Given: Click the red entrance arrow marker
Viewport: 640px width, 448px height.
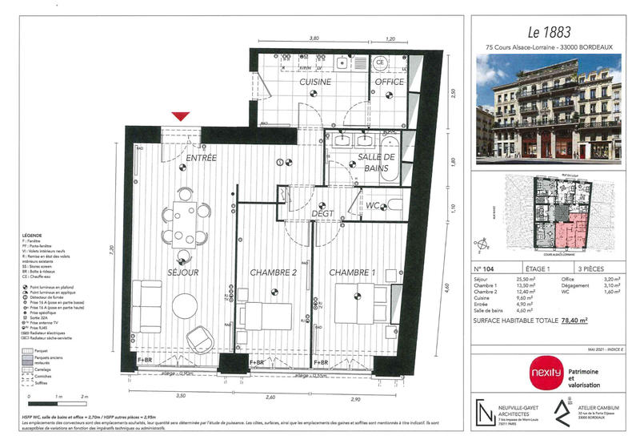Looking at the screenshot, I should tap(182, 117).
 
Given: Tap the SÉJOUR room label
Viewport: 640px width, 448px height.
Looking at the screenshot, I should tap(183, 272).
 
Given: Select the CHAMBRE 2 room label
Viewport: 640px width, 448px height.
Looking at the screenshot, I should tap(274, 272).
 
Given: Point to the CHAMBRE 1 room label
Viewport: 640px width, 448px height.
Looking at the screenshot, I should tap(352, 272).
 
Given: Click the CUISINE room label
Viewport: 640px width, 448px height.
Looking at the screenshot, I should tap(315, 83).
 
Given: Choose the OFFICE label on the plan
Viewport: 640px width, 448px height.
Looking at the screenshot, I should tap(390, 83).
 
